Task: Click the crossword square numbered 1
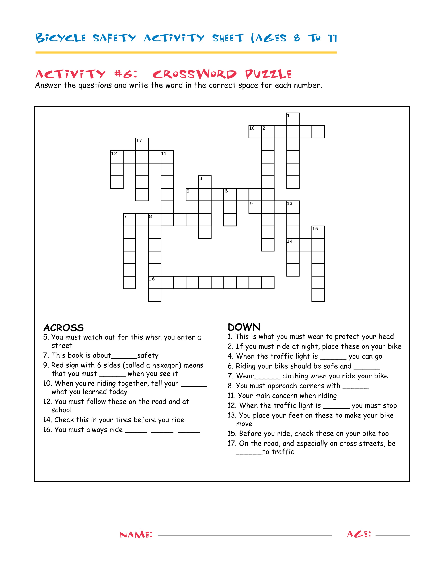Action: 293,119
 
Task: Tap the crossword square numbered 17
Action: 142,144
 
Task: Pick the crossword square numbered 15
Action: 318,232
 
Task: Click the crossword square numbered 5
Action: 192,194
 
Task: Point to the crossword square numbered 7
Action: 129,220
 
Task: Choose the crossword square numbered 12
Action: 117,157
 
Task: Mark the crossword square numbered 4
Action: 205,182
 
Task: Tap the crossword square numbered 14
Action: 293,245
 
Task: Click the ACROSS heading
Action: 63,328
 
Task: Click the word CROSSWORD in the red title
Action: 194,74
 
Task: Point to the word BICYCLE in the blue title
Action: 61,38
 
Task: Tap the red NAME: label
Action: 136,535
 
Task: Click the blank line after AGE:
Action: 393,536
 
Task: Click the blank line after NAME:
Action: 245,536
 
